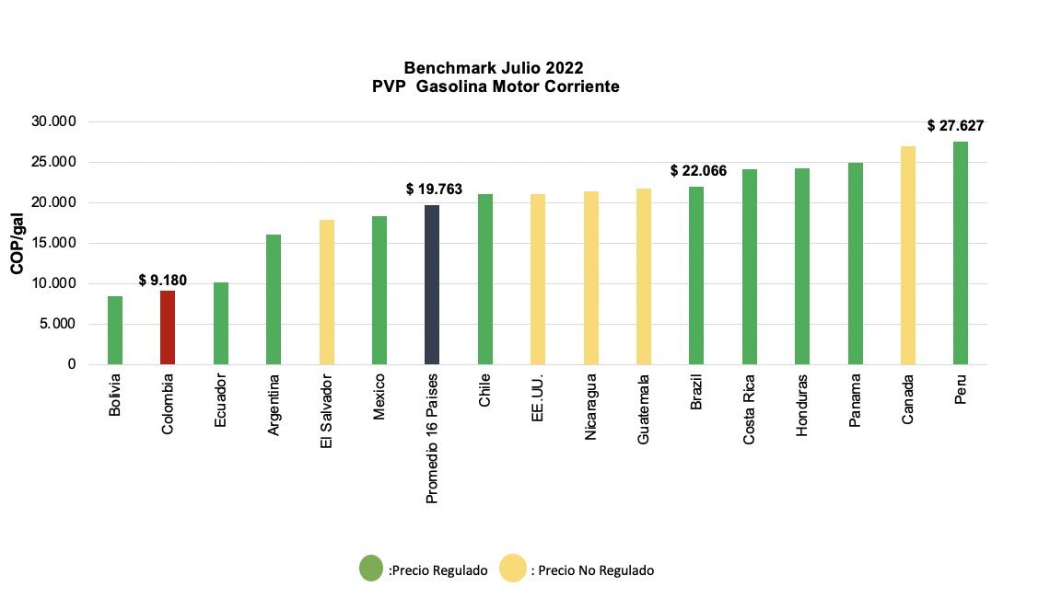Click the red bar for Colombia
click(168, 327)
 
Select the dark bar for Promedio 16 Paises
click(432, 285)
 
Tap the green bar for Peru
click(961, 253)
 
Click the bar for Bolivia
click(115, 330)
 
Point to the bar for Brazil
click(696, 276)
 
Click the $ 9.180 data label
click(163, 280)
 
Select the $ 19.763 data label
click(434, 190)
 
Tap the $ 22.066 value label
click(698, 171)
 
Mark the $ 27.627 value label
click(955, 126)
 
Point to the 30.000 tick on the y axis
click(54, 121)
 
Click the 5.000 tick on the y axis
click(58, 324)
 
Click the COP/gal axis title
click(17, 243)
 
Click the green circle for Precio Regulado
click(371, 569)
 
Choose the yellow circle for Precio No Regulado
click(513, 569)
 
